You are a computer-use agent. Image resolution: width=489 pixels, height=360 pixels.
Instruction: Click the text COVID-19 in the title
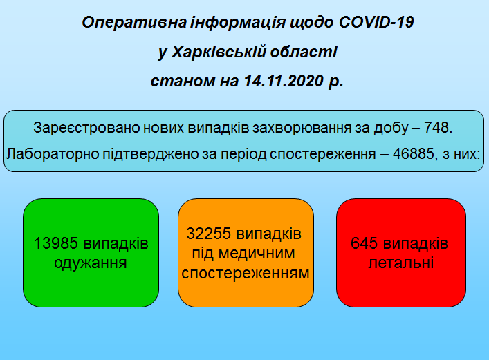click(x=376, y=22)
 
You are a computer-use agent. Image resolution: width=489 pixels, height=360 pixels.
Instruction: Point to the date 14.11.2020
click(x=284, y=81)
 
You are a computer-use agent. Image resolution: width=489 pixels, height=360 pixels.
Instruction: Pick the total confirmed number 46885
click(x=413, y=153)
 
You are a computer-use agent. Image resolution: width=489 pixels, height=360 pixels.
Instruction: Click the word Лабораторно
click(x=53, y=153)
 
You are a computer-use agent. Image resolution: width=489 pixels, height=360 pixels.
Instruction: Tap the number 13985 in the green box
click(x=55, y=243)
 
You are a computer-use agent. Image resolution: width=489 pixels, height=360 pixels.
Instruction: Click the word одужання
click(x=91, y=263)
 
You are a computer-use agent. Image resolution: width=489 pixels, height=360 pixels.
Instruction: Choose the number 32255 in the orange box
click(x=208, y=234)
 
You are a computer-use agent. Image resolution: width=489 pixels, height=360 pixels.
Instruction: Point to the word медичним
click(x=257, y=253)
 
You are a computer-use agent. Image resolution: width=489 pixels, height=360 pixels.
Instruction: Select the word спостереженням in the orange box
click(x=246, y=273)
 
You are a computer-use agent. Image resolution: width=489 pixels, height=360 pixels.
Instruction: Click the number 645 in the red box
click(x=364, y=243)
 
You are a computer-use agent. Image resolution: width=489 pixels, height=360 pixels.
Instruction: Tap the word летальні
click(x=401, y=263)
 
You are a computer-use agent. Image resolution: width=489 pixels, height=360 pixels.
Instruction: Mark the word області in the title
click(x=304, y=52)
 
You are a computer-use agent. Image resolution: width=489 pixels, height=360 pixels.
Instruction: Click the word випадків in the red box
click(x=416, y=243)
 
